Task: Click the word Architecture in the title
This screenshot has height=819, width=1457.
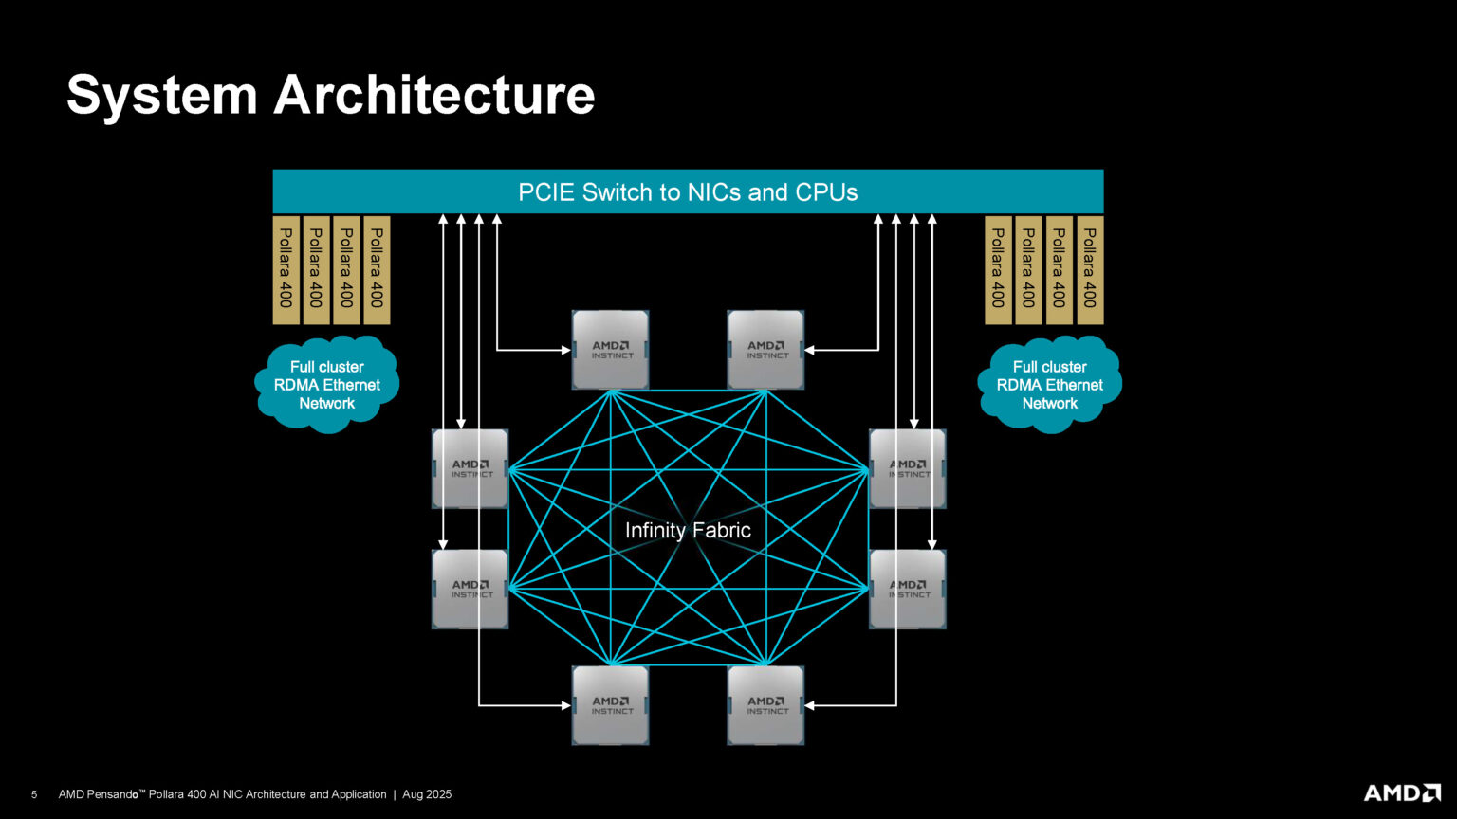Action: tap(433, 96)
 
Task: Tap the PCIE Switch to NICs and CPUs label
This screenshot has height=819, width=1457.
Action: tap(688, 192)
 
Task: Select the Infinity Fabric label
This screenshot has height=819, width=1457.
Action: tap(688, 530)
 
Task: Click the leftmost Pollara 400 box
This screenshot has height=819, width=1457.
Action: tap(286, 270)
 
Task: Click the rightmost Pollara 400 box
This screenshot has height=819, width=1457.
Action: tap(1090, 270)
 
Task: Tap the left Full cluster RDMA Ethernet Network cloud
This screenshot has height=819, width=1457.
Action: tap(326, 385)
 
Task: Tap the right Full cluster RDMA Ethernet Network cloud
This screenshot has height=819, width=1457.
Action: tap(1049, 385)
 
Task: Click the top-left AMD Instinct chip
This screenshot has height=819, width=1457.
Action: tap(610, 350)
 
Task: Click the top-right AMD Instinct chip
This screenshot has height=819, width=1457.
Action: tap(765, 350)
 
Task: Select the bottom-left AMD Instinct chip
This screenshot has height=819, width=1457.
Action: tap(610, 704)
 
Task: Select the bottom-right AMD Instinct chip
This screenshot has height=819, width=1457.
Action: tap(765, 704)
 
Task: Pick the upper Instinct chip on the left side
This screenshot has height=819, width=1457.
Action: tap(470, 468)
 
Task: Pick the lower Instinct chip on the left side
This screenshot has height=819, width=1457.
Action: tap(470, 589)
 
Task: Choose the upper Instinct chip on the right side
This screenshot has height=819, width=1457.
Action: tap(908, 468)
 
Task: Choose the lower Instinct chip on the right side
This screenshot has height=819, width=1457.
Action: tap(908, 589)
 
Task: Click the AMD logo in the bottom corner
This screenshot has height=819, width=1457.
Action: tap(1402, 792)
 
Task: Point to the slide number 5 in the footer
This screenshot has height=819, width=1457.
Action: tap(34, 794)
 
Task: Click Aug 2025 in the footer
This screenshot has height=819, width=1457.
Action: tap(427, 794)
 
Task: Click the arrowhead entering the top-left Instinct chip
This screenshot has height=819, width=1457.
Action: tap(566, 350)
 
